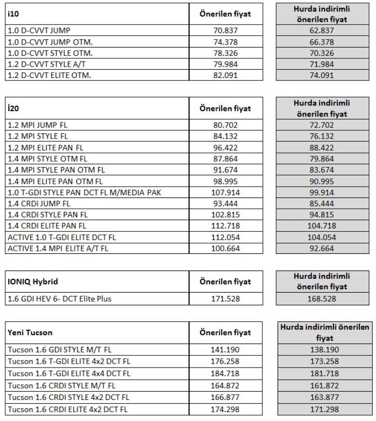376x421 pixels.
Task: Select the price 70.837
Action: click(226, 30)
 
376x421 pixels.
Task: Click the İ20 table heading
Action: click(13, 109)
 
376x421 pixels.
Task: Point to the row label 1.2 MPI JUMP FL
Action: click(37, 125)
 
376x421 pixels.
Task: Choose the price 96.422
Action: click(226, 147)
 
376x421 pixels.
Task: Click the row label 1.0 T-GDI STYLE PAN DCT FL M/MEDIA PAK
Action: click(84, 192)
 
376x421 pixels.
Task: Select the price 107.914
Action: click(226, 192)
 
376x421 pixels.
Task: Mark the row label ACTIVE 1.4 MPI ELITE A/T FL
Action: click(58, 248)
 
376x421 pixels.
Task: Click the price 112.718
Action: click(226, 226)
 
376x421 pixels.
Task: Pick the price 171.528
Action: click(226, 298)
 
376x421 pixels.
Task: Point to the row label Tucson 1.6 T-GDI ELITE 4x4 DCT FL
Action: click(69, 373)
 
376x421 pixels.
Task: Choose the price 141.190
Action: click(226, 350)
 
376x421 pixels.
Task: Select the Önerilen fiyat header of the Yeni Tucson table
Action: click(226, 333)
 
